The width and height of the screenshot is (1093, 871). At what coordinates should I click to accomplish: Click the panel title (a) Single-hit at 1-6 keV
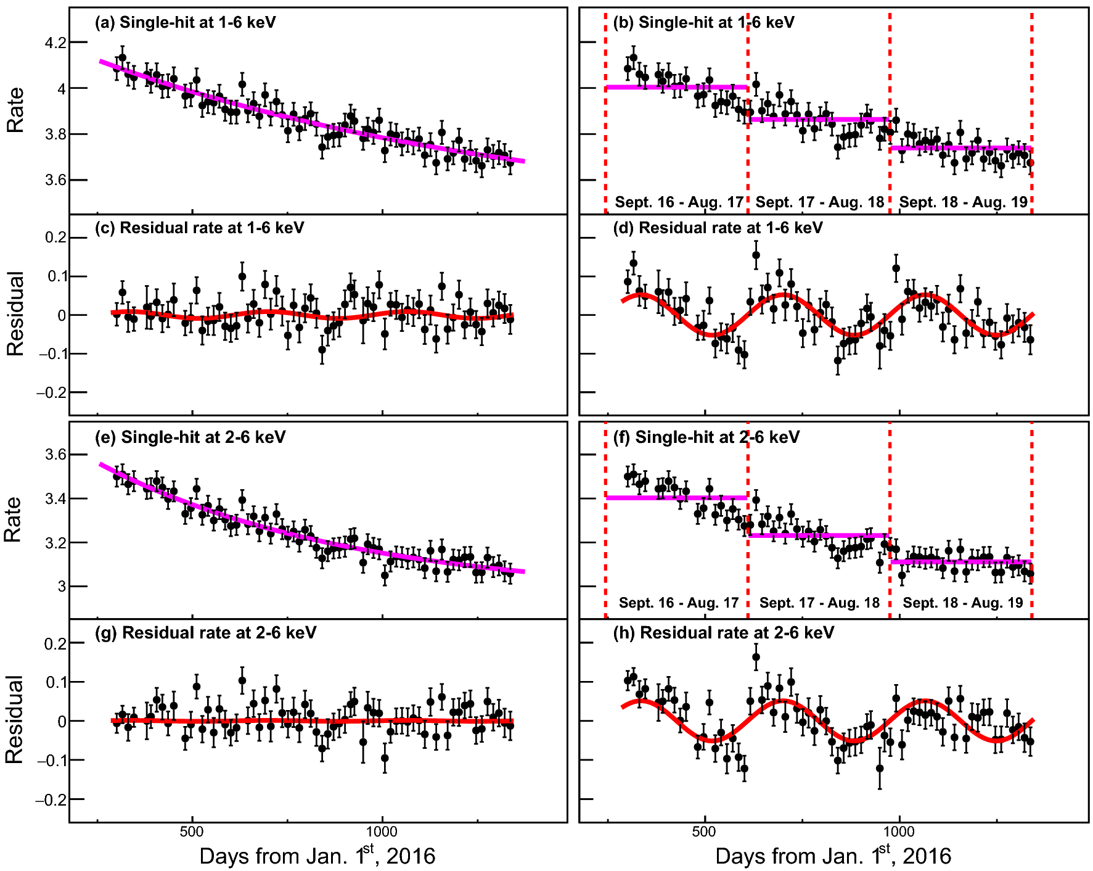tap(185, 23)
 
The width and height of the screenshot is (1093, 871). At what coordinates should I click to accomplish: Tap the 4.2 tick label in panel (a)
tap(55, 43)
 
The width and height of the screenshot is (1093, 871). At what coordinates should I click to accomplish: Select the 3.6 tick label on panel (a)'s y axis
tap(55, 180)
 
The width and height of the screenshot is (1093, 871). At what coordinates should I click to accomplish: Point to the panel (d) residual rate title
tap(718, 228)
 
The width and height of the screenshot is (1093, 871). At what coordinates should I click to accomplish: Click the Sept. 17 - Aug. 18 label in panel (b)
tap(819, 202)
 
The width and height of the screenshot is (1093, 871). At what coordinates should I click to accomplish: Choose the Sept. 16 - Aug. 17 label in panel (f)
tap(678, 603)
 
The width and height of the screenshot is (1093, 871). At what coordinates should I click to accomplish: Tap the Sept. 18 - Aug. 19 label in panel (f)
tap(962, 603)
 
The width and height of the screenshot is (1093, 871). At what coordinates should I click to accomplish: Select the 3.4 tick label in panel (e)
tap(55, 498)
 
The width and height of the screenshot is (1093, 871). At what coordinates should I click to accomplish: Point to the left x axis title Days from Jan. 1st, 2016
tap(317, 856)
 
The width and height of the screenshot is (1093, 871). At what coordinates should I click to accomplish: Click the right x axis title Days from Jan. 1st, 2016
tap(833, 856)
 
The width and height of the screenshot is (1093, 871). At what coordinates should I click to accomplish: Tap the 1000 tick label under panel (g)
tap(382, 831)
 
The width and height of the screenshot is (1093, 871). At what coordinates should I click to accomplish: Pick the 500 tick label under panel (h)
tap(704, 831)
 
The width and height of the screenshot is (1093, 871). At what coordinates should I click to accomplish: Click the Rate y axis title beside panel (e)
tap(13, 519)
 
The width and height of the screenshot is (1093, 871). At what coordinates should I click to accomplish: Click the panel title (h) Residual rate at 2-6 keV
tap(723, 633)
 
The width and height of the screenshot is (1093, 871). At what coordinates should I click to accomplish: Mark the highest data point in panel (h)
tap(756, 657)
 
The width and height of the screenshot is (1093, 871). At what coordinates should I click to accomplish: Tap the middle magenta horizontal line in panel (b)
tap(819, 119)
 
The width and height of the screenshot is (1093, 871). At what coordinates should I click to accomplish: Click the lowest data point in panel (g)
tap(385, 758)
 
